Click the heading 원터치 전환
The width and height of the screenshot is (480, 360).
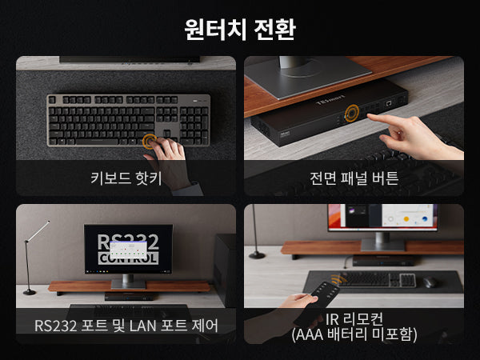(240, 29)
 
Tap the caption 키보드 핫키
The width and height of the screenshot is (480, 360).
(126, 178)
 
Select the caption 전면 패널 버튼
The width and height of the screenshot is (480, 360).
(354, 178)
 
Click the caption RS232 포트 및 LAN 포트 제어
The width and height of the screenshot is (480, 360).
(126, 325)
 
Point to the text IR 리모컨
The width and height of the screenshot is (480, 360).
(354, 319)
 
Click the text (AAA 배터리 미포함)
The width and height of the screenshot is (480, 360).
(354, 334)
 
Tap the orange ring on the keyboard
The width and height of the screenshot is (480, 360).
(150, 141)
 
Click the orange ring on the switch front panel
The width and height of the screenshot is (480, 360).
(352, 113)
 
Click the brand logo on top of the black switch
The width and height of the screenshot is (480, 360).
(330, 100)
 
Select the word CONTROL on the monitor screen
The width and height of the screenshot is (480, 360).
(128, 258)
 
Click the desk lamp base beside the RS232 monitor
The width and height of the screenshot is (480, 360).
(30, 292)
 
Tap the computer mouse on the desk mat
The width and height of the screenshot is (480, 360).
(430, 282)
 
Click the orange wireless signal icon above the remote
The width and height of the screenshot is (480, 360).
(338, 279)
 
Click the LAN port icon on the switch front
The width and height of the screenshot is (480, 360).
(389, 103)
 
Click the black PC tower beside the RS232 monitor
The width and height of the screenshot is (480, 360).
(225, 270)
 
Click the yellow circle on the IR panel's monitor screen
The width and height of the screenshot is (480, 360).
(406, 219)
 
